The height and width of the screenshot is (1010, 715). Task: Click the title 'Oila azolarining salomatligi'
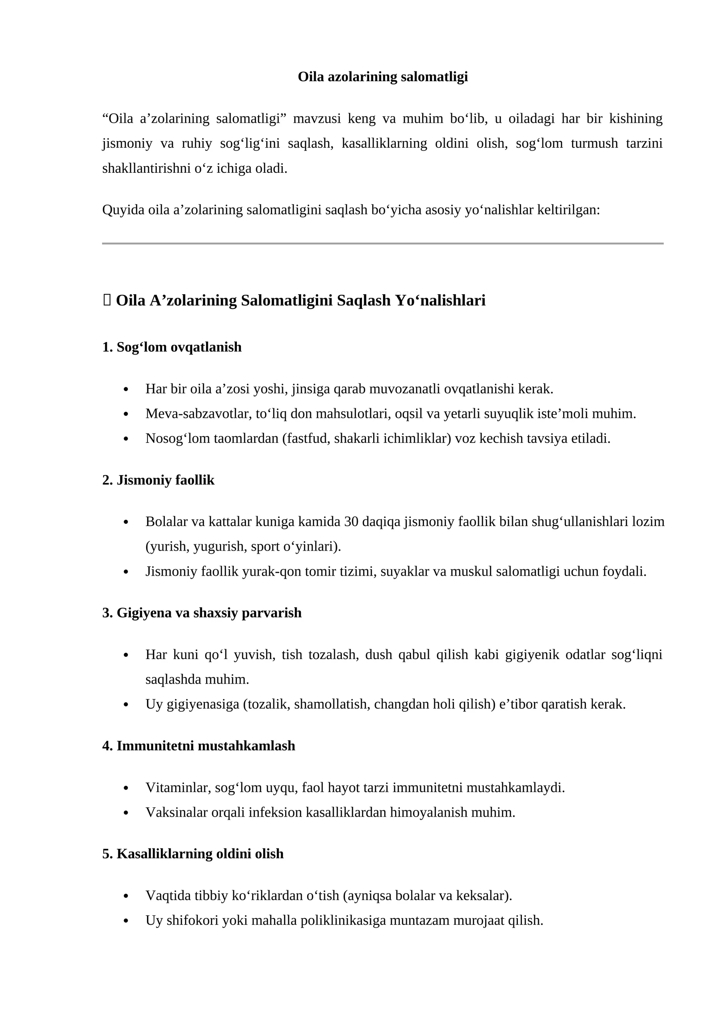383,77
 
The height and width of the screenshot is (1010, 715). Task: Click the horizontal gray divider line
383,243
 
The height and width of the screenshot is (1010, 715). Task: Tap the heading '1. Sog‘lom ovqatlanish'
172,347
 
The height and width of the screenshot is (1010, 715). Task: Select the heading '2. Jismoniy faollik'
158,480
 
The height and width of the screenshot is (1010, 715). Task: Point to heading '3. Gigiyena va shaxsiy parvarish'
202,613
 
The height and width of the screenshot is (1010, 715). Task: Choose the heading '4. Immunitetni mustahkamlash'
199,746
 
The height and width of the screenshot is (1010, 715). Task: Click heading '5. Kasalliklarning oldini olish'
193,854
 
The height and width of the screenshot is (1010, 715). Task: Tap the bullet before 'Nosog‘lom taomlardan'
126,439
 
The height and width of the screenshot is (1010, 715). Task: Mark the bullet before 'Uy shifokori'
126,921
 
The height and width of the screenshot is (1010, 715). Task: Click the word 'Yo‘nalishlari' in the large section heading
440,300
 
